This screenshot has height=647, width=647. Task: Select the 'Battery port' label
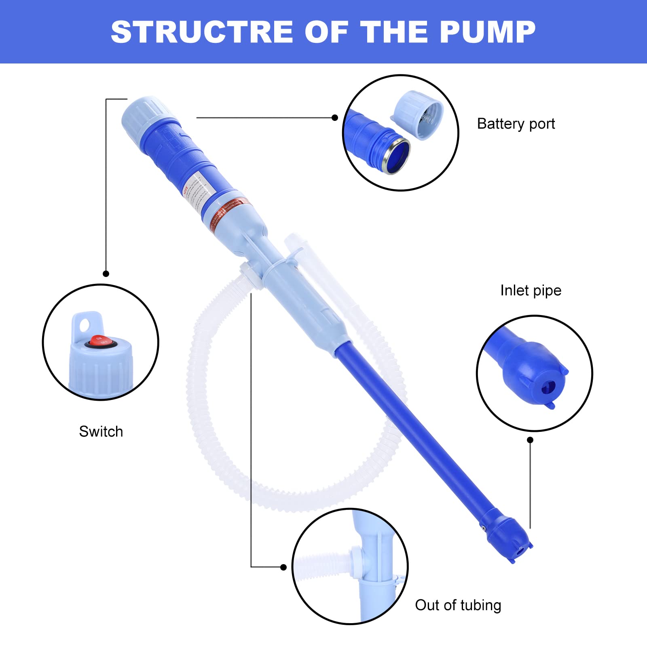coord(516,124)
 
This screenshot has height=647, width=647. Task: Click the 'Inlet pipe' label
coord(531,290)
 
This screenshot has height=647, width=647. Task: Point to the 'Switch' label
coord(101,431)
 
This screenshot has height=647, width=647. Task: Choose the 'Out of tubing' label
coord(458,605)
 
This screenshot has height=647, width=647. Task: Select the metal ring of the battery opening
coord(397,156)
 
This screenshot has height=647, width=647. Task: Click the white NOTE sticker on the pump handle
coord(197,191)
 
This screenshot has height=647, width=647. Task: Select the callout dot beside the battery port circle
coord(335,118)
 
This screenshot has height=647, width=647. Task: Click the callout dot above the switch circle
coord(106,274)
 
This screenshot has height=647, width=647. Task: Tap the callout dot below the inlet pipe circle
coord(530,440)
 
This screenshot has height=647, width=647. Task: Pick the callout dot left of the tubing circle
coord(283,567)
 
